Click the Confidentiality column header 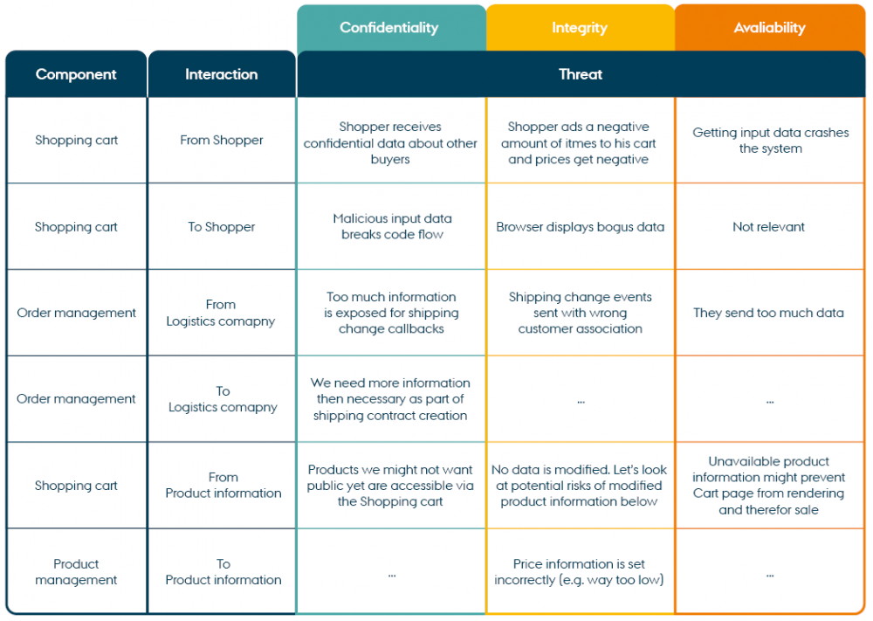389,28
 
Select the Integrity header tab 580,28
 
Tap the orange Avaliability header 769,28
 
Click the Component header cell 76,74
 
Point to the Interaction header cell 222,74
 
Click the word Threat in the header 581,74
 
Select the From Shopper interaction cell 222,140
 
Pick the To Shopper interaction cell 222,226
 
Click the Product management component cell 76,572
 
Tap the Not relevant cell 769,226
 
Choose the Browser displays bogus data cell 581,226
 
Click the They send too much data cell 769,313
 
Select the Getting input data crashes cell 770,141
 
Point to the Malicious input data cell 392,226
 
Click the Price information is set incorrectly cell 580,572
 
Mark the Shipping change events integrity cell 581,313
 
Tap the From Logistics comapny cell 222,313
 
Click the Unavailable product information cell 769,486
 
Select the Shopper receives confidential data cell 390,143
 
